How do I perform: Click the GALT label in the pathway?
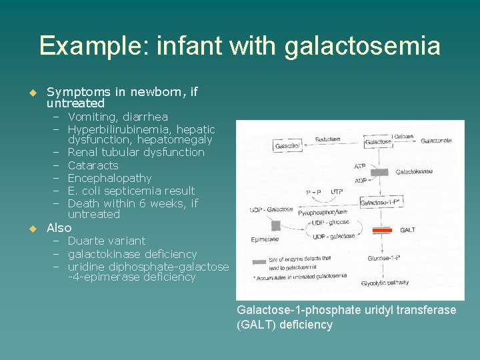[407, 230]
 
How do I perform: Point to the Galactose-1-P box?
[379, 202]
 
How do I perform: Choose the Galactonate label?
[436, 141]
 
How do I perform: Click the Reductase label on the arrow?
[327, 139]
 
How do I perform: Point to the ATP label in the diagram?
[360, 166]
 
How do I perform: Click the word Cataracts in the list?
[93, 165]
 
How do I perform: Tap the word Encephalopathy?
[109, 178]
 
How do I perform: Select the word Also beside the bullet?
[59, 228]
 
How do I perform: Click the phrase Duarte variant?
[106, 241]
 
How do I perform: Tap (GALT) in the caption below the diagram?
[254, 325]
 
